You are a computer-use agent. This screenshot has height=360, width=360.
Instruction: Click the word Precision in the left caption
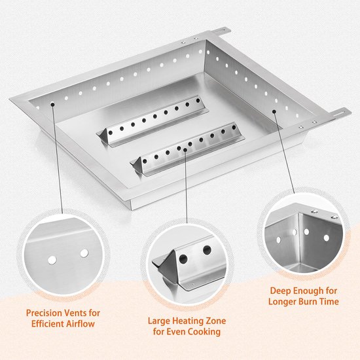tap(43, 313)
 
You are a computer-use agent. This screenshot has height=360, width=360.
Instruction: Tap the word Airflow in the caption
tap(80, 324)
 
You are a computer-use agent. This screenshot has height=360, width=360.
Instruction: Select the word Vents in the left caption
tap(72, 313)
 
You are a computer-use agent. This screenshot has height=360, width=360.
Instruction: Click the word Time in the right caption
tap(330, 302)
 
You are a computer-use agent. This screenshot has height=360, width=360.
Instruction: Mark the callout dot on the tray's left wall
tap(52, 105)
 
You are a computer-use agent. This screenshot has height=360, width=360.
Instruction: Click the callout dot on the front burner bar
tap(185, 150)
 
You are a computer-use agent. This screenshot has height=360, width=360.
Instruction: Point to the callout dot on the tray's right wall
tap(274, 111)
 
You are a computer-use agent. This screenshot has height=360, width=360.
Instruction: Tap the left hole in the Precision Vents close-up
tap(52, 260)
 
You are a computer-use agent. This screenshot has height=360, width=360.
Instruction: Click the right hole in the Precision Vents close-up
tap(84, 253)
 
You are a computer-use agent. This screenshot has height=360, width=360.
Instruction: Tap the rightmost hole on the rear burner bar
tap(198, 100)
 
